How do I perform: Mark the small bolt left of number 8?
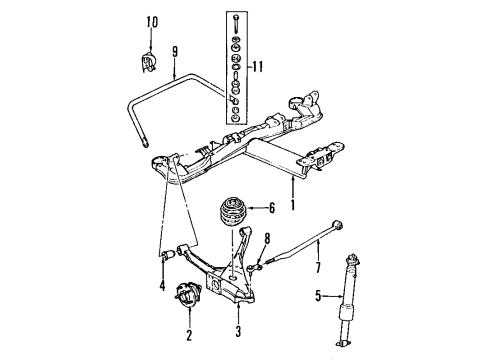pyautogui.click(x=256, y=265)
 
